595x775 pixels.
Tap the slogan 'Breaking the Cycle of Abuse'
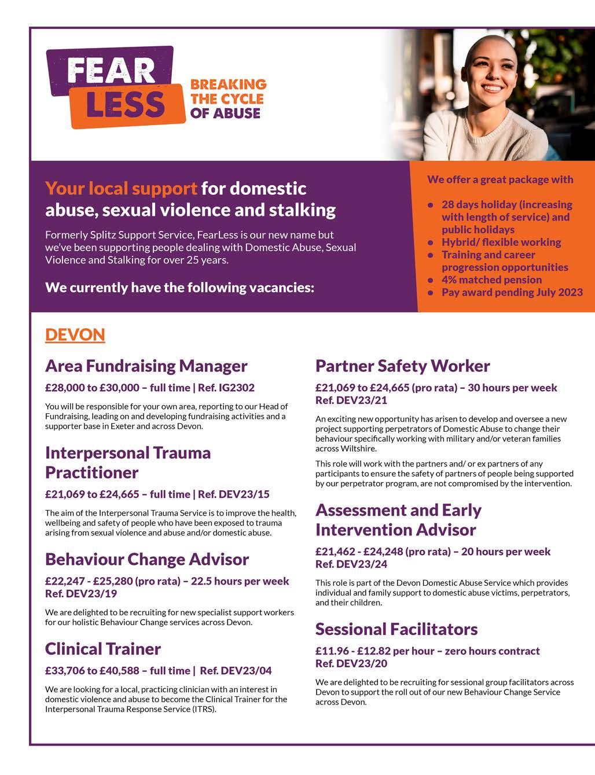pos(228,99)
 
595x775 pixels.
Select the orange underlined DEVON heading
pos(75,335)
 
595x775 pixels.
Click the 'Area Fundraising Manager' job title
pos(146,366)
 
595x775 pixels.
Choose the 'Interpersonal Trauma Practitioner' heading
pos(128,462)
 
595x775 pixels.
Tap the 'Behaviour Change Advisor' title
pos(147,560)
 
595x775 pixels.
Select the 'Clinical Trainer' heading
pos(103,649)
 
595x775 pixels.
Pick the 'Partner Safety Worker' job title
pos(402,366)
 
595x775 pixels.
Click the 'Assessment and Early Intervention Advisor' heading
pos(398,520)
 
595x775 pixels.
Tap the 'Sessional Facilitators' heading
pos(396,629)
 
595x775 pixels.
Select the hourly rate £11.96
pos(332,651)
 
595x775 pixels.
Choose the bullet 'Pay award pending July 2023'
pos(512,292)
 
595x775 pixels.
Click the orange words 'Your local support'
pos(121,189)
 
